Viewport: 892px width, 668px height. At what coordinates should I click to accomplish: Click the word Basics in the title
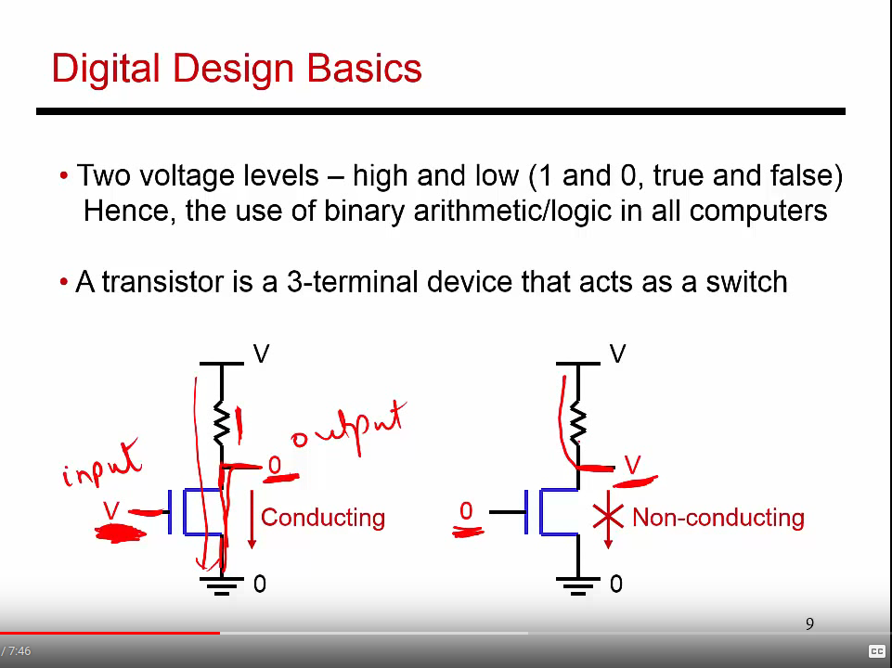click(x=365, y=69)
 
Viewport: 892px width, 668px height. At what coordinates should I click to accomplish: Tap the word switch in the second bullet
click(x=746, y=281)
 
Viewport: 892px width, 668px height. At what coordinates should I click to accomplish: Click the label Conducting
click(x=323, y=518)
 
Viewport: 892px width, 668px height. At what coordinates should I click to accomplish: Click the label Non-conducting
click(x=717, y=518)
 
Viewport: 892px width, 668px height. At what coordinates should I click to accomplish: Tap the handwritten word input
click(x=101, y=463)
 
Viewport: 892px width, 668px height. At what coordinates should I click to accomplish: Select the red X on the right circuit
click(x=608, y=516)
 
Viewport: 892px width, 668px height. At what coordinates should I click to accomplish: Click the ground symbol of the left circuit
click(x=221, y=585)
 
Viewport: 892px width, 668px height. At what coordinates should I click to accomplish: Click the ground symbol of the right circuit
click(x=578, y=585)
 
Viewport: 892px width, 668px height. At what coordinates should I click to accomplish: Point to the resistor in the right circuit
click(x=578, y=422)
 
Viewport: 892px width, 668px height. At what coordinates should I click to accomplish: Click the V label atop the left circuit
click(x=261, y=353)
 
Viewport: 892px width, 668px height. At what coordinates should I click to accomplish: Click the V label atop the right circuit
click(x=618, y=353)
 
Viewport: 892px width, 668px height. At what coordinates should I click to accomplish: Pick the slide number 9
click(x=809, y=624)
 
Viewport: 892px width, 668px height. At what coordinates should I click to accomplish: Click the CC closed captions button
click(x=876, y=651)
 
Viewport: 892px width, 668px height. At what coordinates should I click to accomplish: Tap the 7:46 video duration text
click(x=19, y=651)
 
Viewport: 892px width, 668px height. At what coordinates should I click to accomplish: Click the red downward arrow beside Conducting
click(x=252, y=518)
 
